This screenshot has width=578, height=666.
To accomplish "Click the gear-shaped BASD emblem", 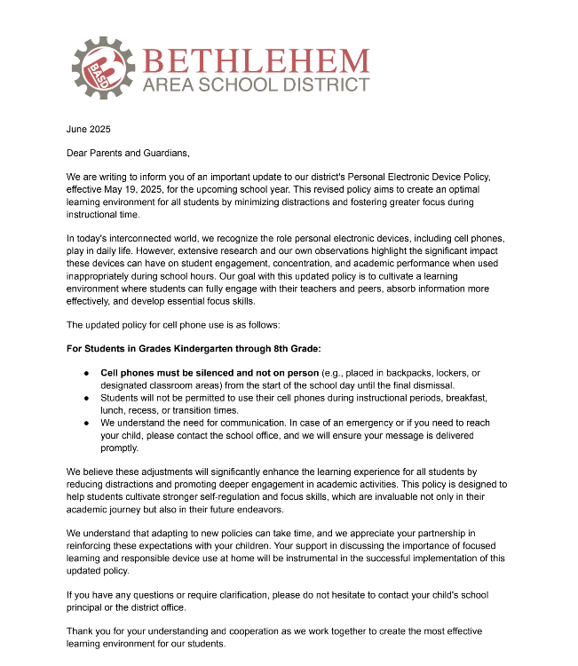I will click(101, 67).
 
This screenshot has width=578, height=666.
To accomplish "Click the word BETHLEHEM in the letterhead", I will click(255, 61).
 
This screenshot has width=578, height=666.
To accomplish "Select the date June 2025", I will click(88, 130).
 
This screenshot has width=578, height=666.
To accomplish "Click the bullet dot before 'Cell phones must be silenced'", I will click(87, 373).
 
